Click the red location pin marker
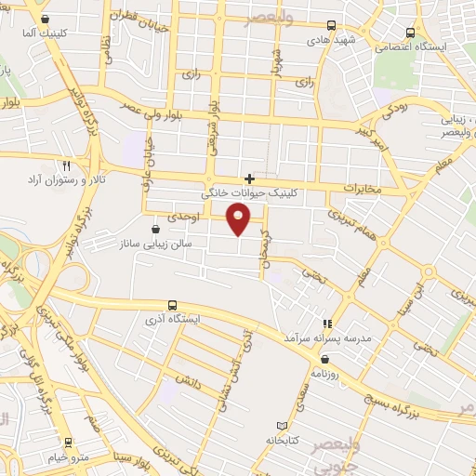click(x=240, y=218)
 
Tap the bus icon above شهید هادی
click(x=331, y=27)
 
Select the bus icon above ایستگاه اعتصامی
click(x=411, y=32)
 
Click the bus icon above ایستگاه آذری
click(x=172, y=305)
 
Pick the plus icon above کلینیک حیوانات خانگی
click(x=248, y=178)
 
